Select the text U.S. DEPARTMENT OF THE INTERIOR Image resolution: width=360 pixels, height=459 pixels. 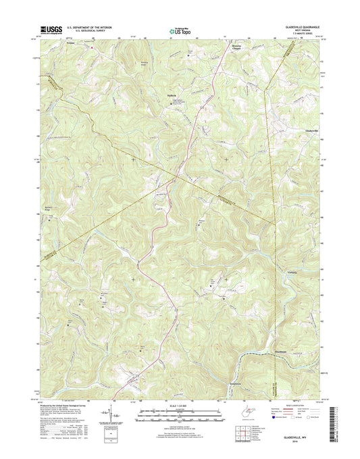(x=82, y=28)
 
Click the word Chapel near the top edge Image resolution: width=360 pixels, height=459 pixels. (x=236, y=49)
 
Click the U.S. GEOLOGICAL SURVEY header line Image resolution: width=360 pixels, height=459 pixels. (x=78, y=31)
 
